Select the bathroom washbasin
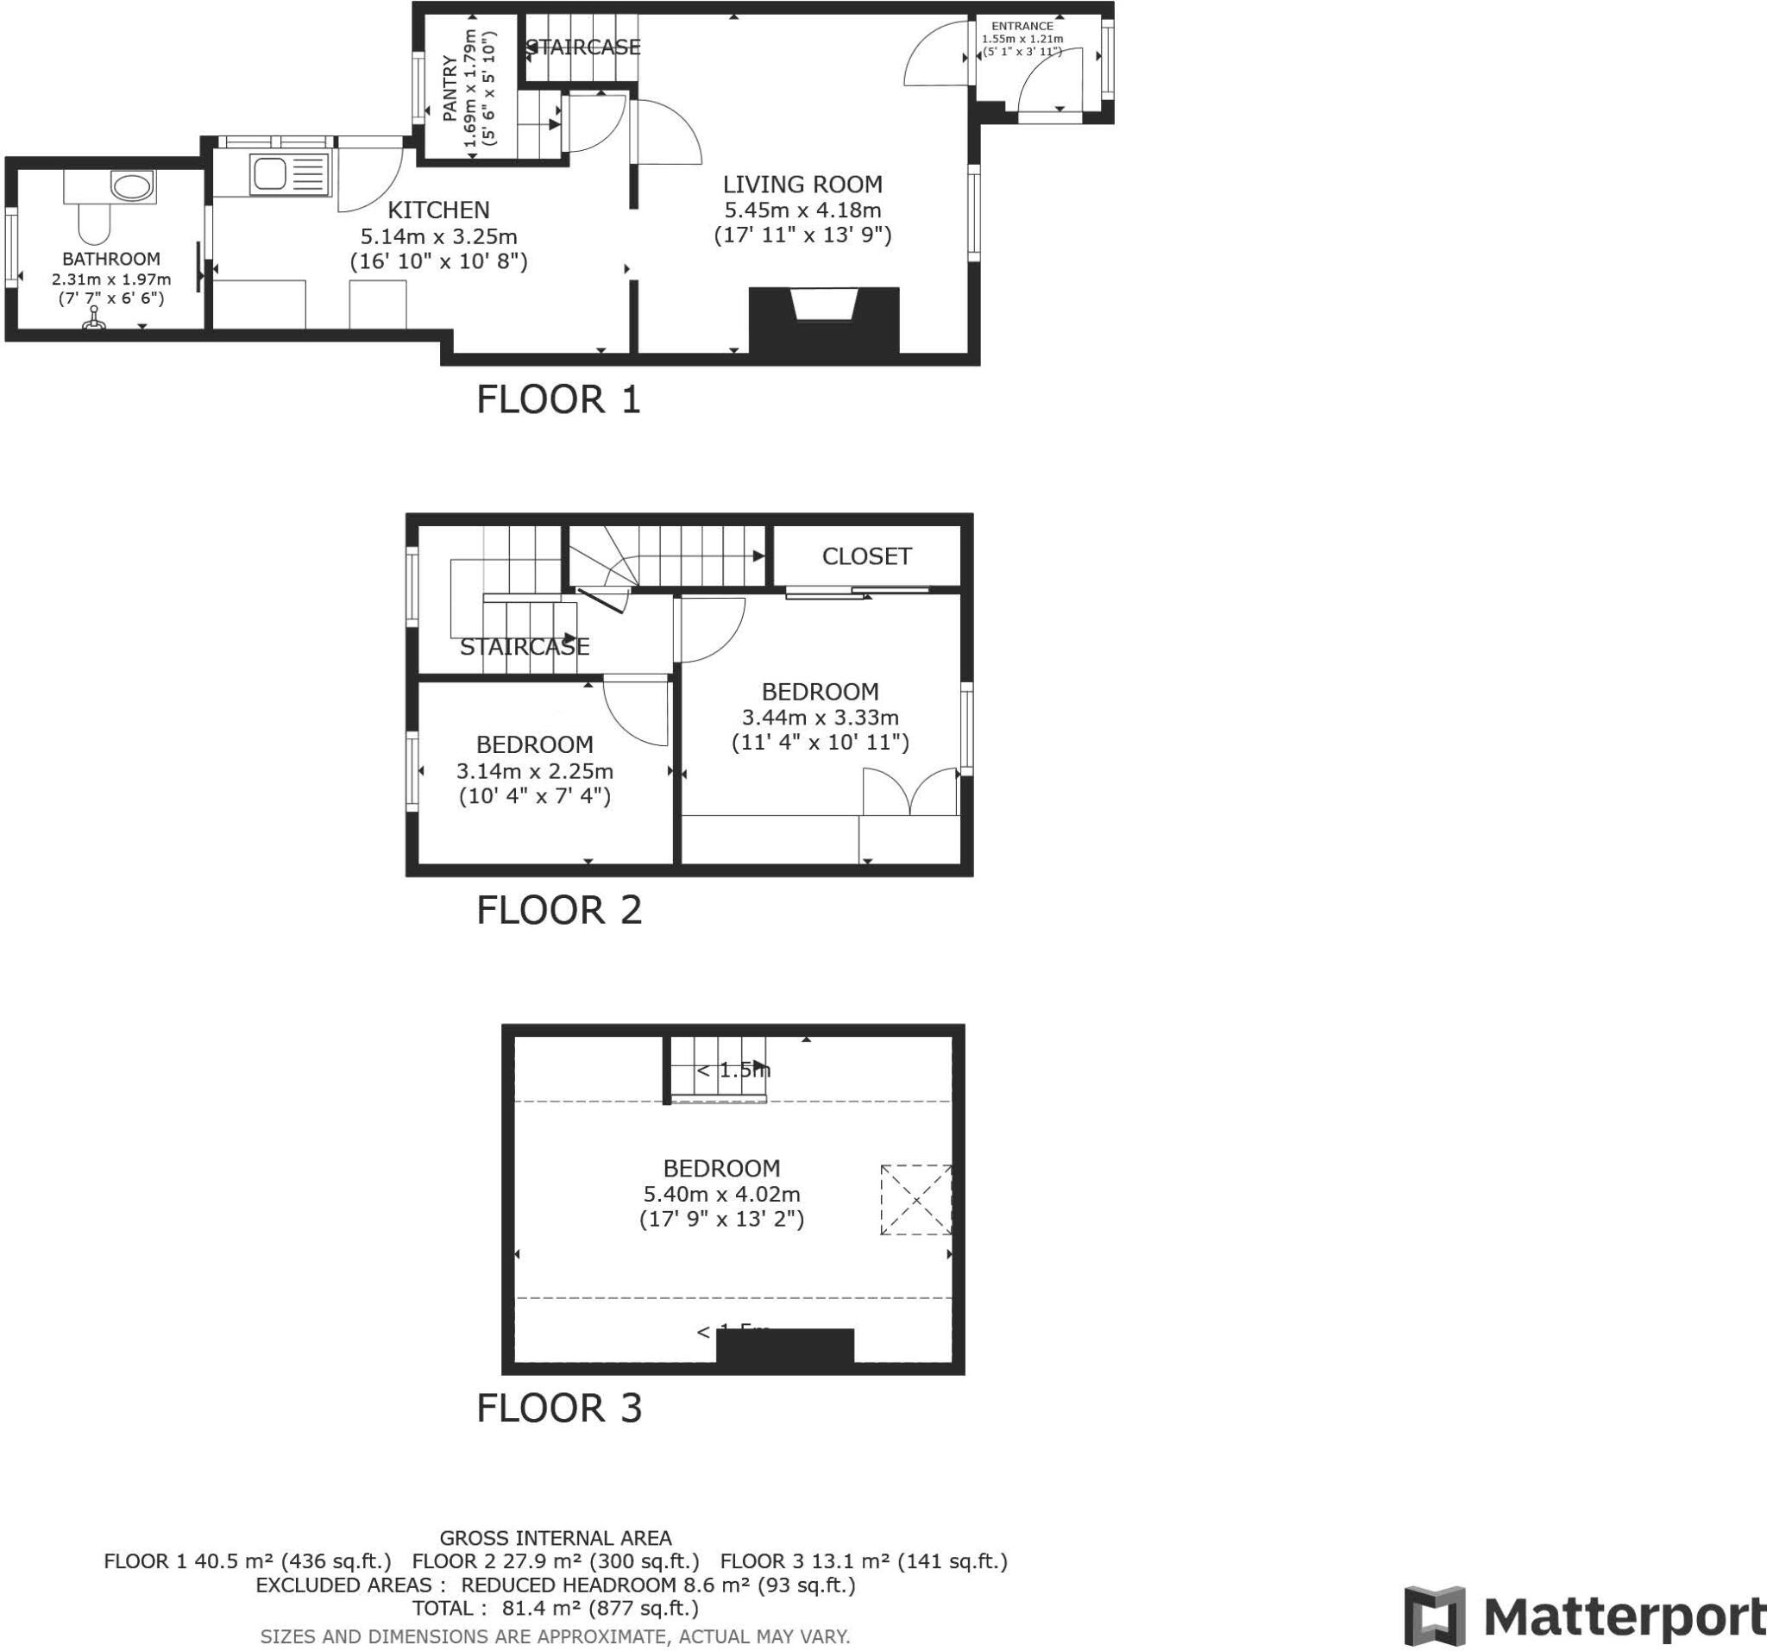click(131, 186)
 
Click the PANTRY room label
click(450, 88)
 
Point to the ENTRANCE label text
click(1022, 27)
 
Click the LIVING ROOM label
click(802, 185)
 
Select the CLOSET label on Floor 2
click(866, 556)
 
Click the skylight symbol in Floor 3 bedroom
click(915, 1200)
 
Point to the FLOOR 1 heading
click(558, 400)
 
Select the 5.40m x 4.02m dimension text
click(722, 1195)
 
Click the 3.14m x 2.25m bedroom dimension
click(534, 771)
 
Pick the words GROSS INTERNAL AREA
click(556, 1538)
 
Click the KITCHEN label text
click(438, 210)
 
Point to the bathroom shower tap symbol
click(93, 319)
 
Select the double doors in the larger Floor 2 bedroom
click(910, 793)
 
